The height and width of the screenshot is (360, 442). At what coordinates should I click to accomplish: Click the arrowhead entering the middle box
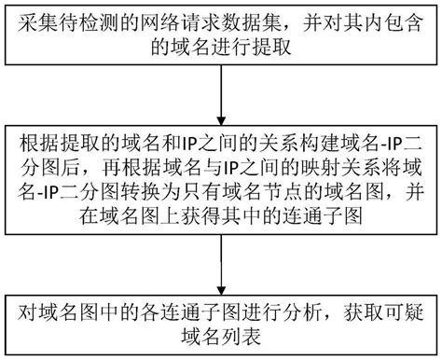coord(221,114)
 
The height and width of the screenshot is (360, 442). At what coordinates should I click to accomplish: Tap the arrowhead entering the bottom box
coord(221,284)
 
